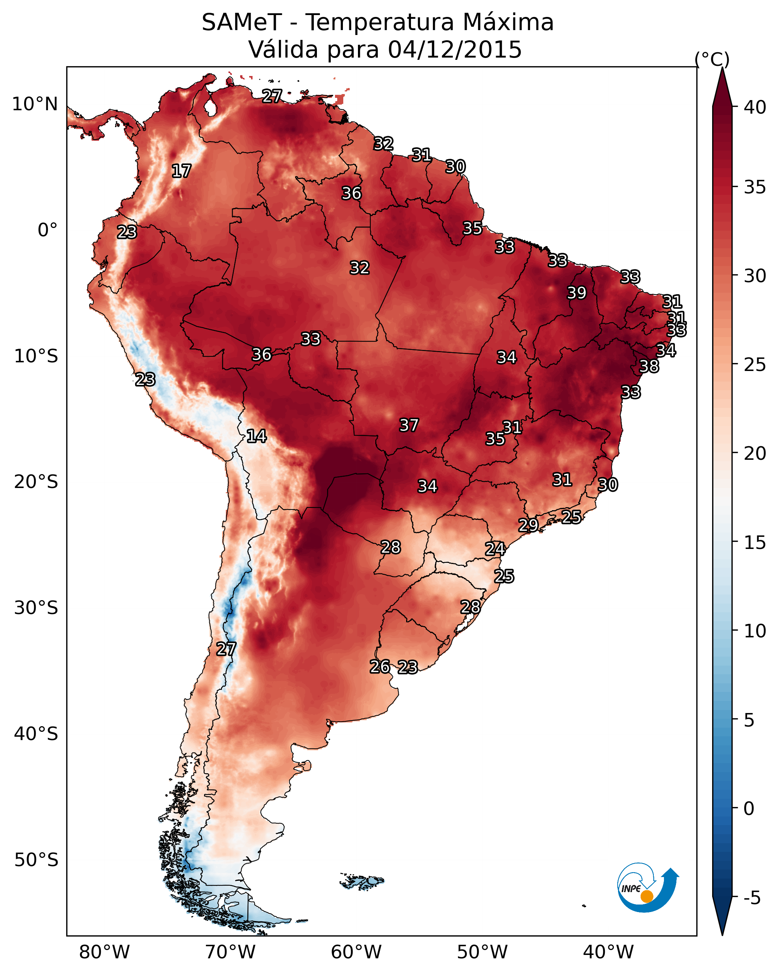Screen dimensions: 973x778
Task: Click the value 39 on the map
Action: click(x=577, y=293)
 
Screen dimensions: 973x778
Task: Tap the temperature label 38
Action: click(x=649, y=366)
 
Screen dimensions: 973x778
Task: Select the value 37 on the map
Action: click(x=409, y=425)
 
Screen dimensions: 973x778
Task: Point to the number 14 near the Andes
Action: click(x=256, y=436)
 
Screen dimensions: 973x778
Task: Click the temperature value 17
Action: click(x=181, y=171)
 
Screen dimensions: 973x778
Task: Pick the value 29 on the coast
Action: click(x=528, y=525)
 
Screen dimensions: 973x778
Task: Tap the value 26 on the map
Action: click(x=380, y=667)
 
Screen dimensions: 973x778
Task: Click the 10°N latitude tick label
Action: click(x=35, y=104)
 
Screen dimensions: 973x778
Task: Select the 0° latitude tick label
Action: click(x=47, y=230)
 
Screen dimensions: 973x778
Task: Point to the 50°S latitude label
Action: click(x=36, y=860)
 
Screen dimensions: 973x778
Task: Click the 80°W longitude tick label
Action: click(x=104, y=952)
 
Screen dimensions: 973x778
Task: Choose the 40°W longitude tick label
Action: click(x=608, y=952)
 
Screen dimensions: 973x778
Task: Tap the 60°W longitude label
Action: click(x=356, y=952)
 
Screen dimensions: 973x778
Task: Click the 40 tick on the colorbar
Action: click(x=755, y=107)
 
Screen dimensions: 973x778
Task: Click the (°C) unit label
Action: click(x=712, y=59)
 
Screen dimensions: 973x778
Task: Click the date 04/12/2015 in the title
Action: click(x=455, y=49)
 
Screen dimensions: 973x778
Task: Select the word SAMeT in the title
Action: click(x=242, y=22)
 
